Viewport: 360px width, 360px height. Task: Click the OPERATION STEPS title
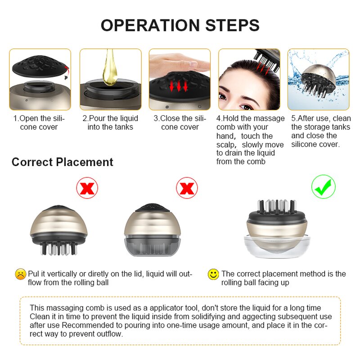coord(180,25)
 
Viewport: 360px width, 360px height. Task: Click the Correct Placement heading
coord(62,162)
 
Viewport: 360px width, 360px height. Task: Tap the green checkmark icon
coord(324,187)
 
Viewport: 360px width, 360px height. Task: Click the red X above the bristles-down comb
coord(87,187)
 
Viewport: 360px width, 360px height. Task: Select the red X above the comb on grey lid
coord(186,187)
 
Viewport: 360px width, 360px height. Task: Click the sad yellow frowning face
coord(20,274)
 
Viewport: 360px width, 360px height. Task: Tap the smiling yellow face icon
coord(213,274)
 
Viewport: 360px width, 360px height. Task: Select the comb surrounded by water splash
coord(319,80)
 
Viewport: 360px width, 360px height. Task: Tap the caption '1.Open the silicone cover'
coord(39,123)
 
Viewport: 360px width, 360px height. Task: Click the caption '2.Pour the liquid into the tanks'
coord(110,123)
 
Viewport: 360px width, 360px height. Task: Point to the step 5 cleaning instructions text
coord(320,131)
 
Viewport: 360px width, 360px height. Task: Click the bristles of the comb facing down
coord(58,247)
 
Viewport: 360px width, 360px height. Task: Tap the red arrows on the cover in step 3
coord(179,85)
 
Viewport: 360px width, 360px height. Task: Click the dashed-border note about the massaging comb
coord(180,320)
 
